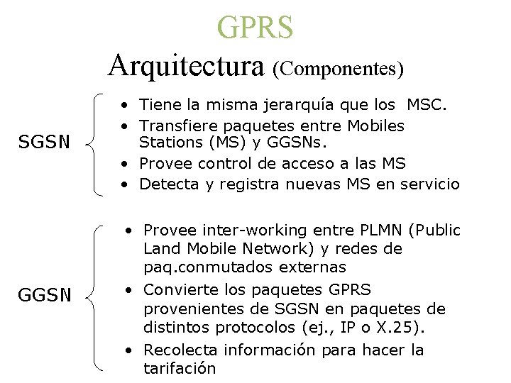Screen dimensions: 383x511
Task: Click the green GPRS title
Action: pyautogui.click(x=255, y=27)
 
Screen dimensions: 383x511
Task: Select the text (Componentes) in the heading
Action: pyautogui.click(x=338, y=69)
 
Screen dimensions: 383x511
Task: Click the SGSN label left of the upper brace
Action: pyautogui.click(x=45, y=142)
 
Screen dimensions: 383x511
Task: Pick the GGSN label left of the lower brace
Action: pyautogui.click(x=45, y=294)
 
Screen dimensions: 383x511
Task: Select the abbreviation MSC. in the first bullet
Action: pyautogui.click(x=427, y=106)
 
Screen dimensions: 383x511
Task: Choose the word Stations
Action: pyautogui.click(x=167, y=144)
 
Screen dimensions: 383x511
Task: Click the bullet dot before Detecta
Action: pyautogui.click(x=124, y=184)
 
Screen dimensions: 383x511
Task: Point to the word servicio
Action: pyautogui.click(x=430, y=184)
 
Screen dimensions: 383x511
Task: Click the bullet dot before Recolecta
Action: pyautogui.click(x=128, y=350)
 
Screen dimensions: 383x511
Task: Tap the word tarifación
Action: pyautogui.click(x=180, y=368)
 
